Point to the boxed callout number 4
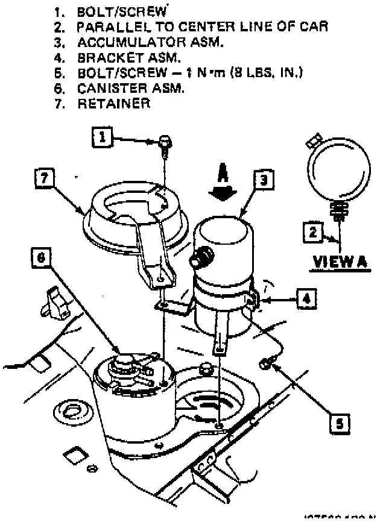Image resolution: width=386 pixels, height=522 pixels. point(306,298)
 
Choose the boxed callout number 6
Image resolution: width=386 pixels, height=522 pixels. point(41,258)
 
